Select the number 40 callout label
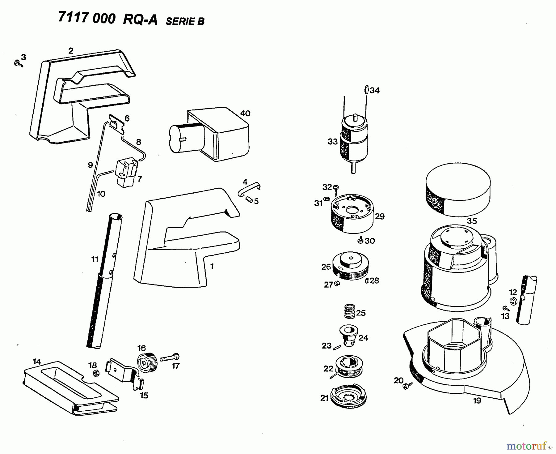[x=245, y=113]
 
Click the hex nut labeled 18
[x=96, y=373]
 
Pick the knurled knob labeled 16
[x=147, y=362]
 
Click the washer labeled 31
[x=327, y=198]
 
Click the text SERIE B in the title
[x=185, y=21]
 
